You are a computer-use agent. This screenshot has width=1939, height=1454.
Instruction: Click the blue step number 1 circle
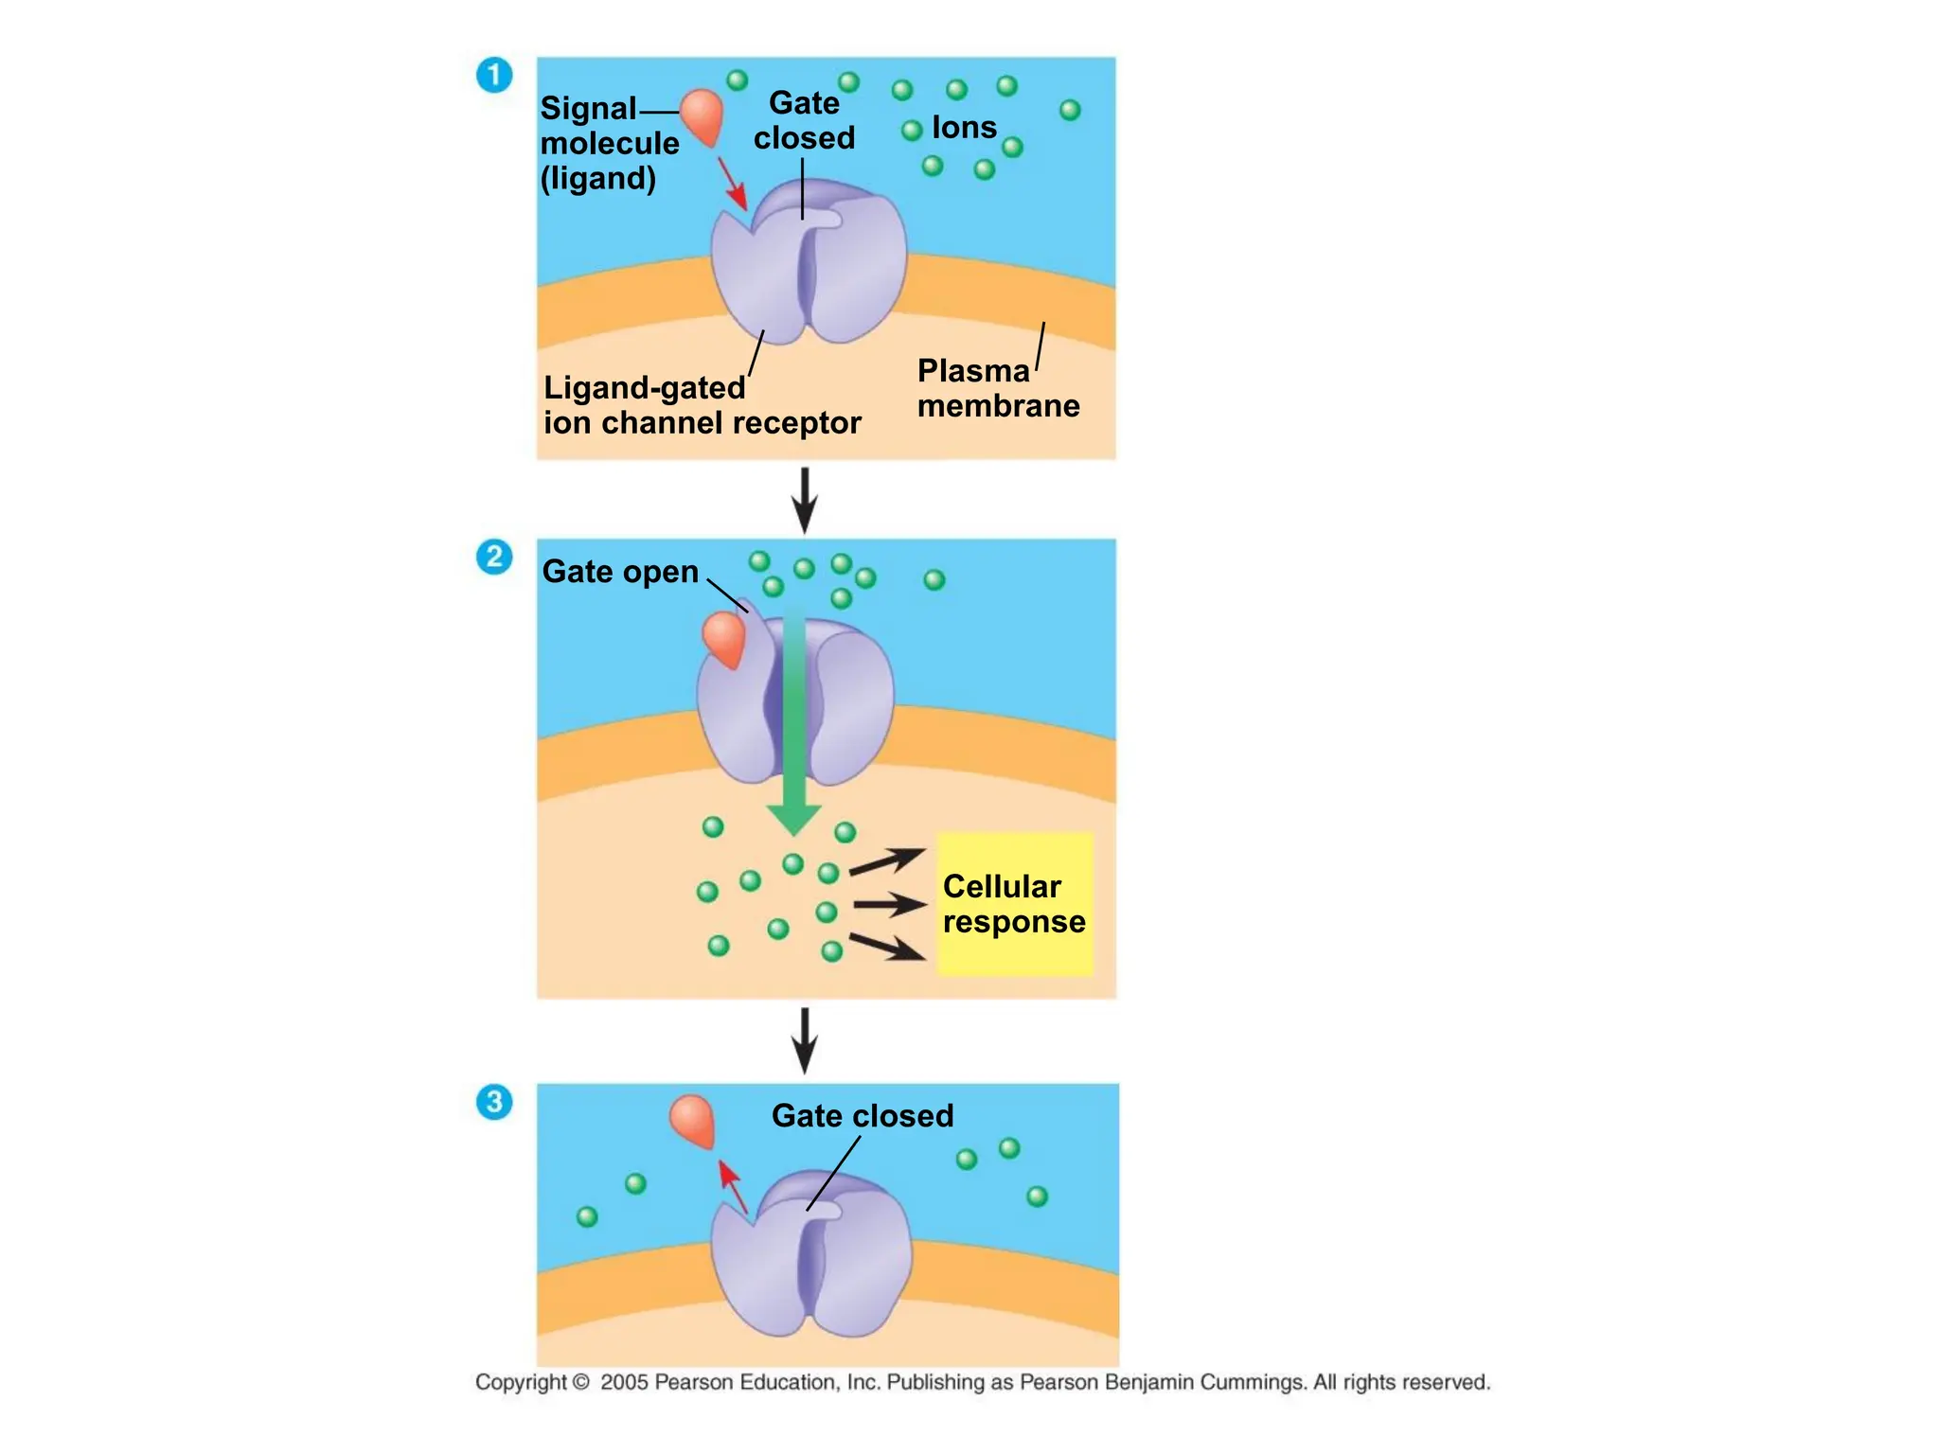pos(493,75)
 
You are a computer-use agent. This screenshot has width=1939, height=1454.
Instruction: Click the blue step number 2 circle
pos(493,557)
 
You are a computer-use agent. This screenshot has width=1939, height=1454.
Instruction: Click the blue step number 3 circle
pos(493,1102)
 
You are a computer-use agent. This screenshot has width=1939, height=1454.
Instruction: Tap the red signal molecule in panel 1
pos(703,115)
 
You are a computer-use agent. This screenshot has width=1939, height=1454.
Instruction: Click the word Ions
pos(964,127)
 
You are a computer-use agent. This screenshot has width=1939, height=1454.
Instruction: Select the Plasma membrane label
pos(997,388)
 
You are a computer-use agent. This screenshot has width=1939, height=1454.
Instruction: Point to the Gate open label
pos(620,572)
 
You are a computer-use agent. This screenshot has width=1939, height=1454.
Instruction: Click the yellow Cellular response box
pos(1014,904)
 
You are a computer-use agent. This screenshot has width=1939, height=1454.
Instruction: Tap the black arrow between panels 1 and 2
pos(804,500)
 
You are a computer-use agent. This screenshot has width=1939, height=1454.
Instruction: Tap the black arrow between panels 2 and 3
pos(804,1039)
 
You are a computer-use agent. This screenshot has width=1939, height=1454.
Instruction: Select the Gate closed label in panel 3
pos(862,1116)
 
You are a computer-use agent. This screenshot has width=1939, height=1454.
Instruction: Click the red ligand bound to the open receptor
pos(724,638)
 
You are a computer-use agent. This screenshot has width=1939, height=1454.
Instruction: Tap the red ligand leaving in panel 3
pos(691,1119)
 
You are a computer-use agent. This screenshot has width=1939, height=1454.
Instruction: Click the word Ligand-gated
pos(644,388)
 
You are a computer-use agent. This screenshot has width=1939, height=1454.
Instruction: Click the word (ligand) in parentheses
pos(597,178)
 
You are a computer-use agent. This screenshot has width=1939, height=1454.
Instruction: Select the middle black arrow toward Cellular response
pos(888,905)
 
